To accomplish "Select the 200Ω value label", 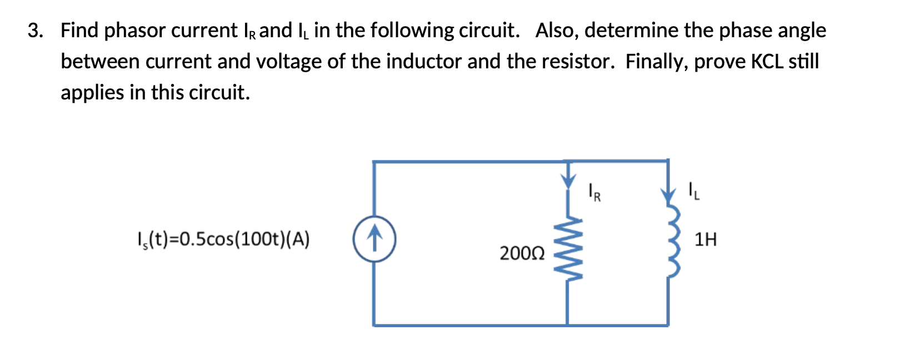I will (522, 253).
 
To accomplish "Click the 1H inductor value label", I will (706, 239).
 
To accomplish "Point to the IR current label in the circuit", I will (594, 193).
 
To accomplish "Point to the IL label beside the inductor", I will (694, 191).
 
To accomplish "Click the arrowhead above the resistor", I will (567, 181).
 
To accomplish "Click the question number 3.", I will (35, 31).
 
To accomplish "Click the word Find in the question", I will (79, 31).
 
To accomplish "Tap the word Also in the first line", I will (557, 31).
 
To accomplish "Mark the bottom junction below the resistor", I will (567, 325).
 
